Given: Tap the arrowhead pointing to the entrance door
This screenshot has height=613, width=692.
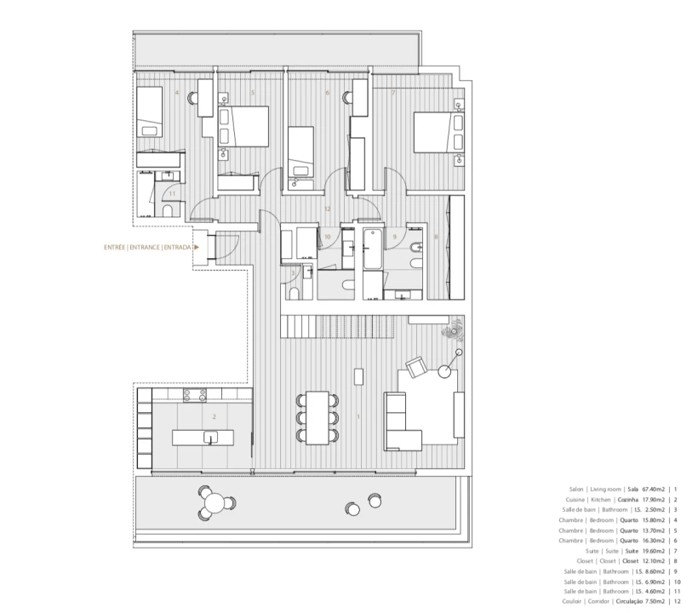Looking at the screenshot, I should click(x=197, y=247).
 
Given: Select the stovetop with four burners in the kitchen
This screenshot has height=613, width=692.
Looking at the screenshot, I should click(x=195, y=394).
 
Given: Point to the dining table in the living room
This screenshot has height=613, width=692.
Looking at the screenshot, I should click(x=317, y=417).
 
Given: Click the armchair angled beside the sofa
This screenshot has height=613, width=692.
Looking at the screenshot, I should click(x=416, y=367).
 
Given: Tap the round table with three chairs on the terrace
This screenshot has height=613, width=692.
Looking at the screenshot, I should click(x=215, y=503).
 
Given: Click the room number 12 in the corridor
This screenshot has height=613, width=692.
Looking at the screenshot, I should click(x=327, y=208).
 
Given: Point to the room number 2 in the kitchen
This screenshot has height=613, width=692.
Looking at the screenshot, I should click(x=214, y=417).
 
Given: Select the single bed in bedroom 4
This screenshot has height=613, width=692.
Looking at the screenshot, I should click(x=150, y=112).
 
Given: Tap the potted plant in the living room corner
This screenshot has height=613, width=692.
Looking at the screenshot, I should click(x=449, y=334).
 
